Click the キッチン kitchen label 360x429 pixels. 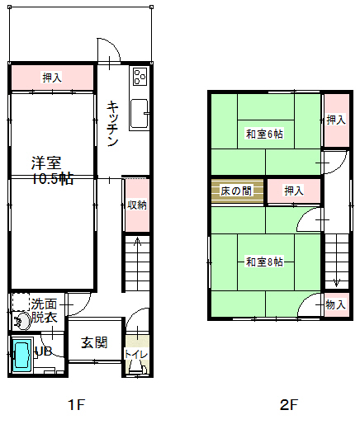pyautogui.click(x=112, y=124)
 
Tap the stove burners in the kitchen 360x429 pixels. pyautogui.click(x=140, y=77)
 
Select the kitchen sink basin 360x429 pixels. pyautogui.click(x=139, y=114)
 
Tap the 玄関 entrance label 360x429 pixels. pyautogui.click(x=94, y=342)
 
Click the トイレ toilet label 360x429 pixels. pyautogui.click(x=136, y=354)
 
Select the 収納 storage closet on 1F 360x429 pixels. pyautogui.click(x=137, y=205)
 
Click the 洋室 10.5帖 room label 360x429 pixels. pyautogui.click(x=52, y=171)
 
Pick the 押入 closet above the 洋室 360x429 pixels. pyautogui.click(x=52, y=78)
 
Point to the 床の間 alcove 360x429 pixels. pyautogui.click(x=237, y=191)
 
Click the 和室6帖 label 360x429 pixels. pyautogui.click(x=264, y=134)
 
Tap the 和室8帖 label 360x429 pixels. pyautogui.click(x=264, y=262)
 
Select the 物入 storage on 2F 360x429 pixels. pyautogui.click(x=337, y=304)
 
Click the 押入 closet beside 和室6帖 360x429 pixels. pyautogui.click(x=337, y=120)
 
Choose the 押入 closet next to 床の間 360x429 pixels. pyautogui.click(x=294, y=191)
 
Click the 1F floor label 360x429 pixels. pyautogui.click(x=76, y=404)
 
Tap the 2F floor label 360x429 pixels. pyautogui.click(x=289, y=404)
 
